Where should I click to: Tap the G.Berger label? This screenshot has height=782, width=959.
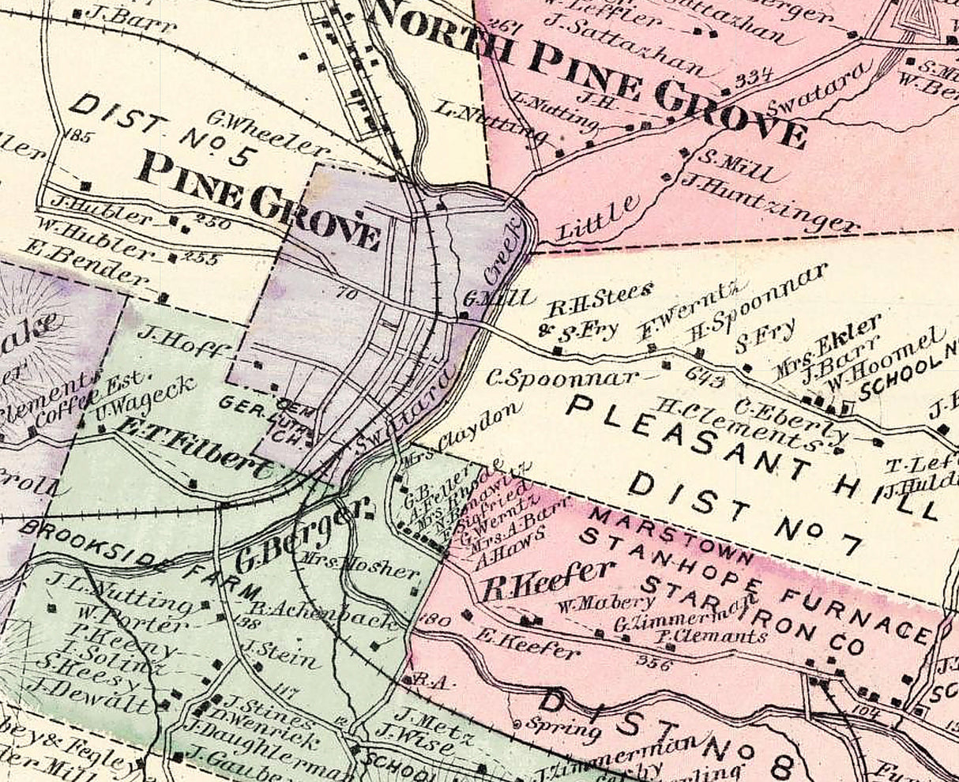click(303, 538)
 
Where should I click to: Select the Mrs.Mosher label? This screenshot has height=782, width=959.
click(359, 566)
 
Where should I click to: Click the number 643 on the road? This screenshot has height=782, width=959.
click(705, 378)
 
